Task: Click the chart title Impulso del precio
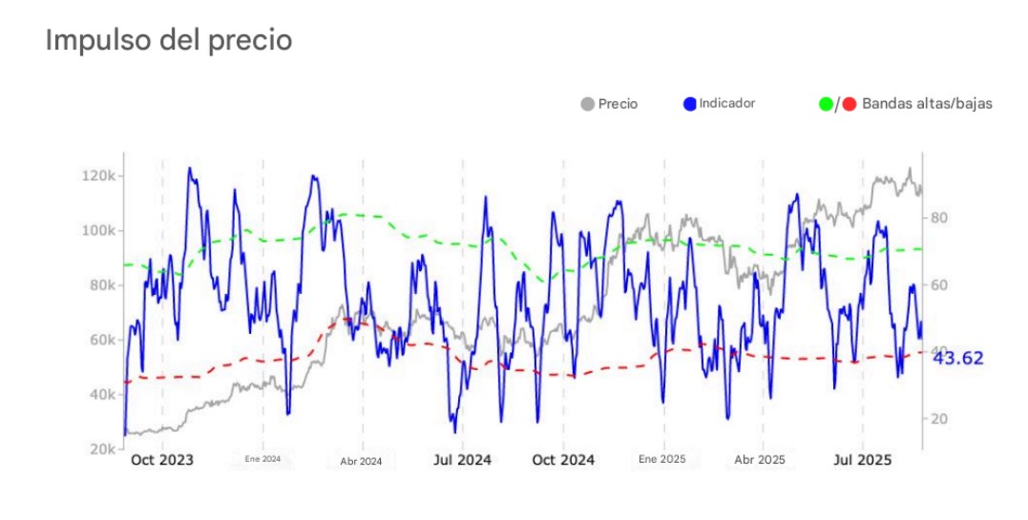coord(169,40)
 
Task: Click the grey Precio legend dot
coord(587,103)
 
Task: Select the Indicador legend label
coord(726,102)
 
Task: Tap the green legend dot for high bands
coord(826,103)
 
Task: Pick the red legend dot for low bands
coord(849,103)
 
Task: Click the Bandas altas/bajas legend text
coord(926,103)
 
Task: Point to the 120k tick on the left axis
coord(99,177)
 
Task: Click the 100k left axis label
coord(99,231)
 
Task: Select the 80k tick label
coord(101,285)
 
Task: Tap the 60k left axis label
coord(101,340)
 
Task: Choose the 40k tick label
coord(101,394)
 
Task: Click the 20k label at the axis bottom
coord(101,448)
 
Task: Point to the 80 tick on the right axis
coord(937,218)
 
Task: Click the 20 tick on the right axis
coord(937,419)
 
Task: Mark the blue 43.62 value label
coord(957,359)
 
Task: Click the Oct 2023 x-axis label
coord(162,460)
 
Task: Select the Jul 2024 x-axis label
coord(462,460)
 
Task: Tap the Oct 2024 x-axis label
coord(563,460)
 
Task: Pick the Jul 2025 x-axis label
coord(862,460)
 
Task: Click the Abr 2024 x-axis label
coord(361,462)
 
